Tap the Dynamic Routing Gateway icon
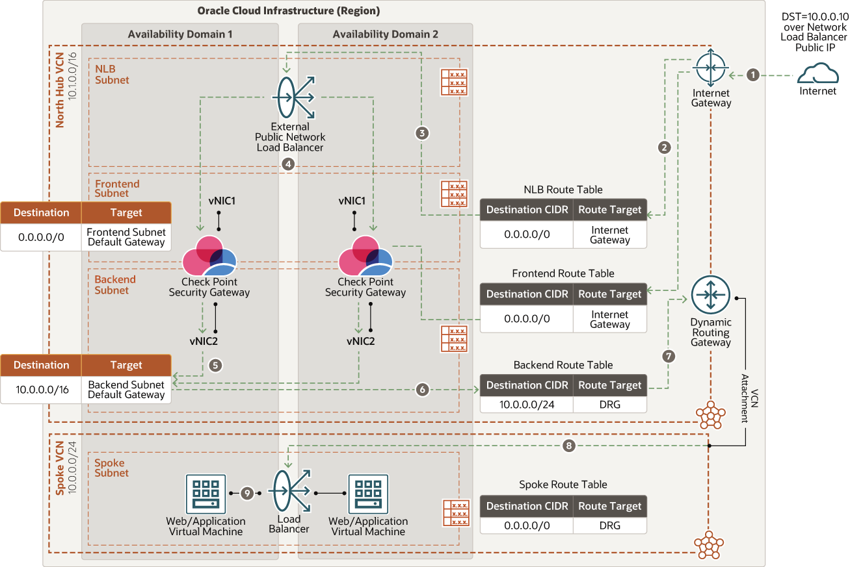(711, 296)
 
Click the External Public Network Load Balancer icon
(293, 97)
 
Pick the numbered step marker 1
(753, 75)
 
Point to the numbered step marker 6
(423, 390)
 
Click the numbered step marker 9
(246, 494)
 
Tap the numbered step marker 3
(423, 133)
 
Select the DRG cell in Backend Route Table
(609, 404)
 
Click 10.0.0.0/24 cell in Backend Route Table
(527, 404)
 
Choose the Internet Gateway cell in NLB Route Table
(609, 234)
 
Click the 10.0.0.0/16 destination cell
(41, 389)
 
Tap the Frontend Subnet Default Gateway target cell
(126, 237)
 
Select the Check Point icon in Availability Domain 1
(209, 256)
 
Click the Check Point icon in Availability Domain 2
(365, 256)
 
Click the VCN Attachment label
(750, 397)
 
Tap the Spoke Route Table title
(563, 485)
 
